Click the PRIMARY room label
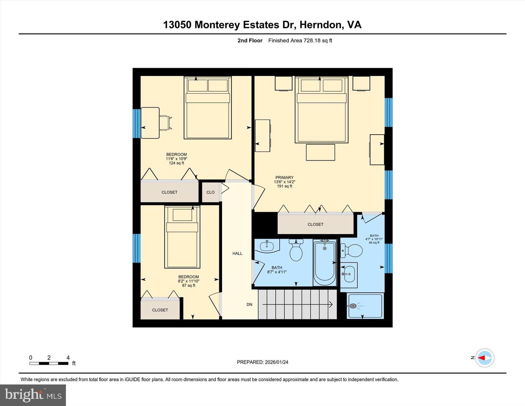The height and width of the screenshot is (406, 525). (284, 178)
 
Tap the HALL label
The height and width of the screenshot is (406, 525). (237, 254)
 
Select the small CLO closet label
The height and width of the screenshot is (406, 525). (210, 192)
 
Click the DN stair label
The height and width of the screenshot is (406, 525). (249, 305)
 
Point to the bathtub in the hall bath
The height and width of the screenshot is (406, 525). (324, 263)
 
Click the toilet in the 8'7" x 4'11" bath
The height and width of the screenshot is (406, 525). (296, 251)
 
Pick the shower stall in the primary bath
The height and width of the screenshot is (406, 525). (365, 306)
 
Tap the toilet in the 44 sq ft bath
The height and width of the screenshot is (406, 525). (352, 251)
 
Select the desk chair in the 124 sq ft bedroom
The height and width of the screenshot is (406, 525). (165, 123)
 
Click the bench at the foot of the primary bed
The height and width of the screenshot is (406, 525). (320, 152)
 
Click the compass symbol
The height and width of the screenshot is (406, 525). (485, 358)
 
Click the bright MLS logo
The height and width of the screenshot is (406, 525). (33, 395)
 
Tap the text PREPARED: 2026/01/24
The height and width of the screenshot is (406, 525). (262, 362)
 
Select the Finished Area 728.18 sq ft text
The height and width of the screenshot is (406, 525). (300, 40)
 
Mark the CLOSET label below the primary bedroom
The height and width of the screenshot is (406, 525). (315, 224)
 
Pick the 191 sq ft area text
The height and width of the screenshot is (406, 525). (284, 186)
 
